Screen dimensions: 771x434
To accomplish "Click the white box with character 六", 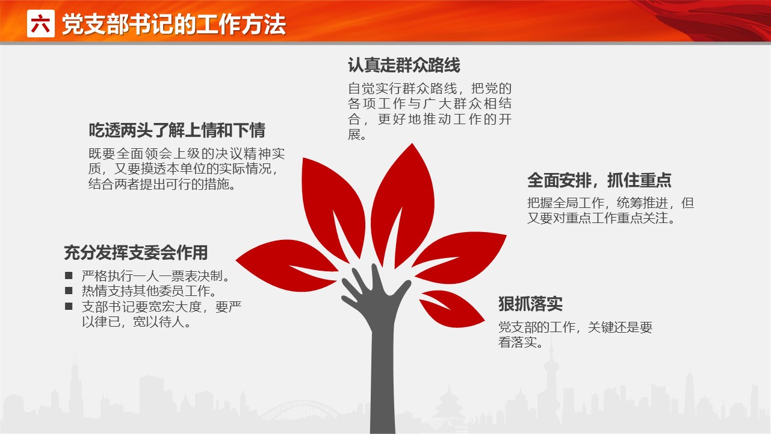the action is pyautogui.click(x=40, y=24).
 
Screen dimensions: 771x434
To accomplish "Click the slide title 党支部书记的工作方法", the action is pyautogui.click(x=174, y=25).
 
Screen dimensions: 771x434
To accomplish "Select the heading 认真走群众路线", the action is pyautogui.click(x=404, y=65).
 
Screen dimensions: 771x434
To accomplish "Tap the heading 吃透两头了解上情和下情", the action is pyautogui.click(x=177, y=130).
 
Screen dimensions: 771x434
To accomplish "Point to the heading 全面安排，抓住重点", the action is pyautogui.click(x=599, y=180).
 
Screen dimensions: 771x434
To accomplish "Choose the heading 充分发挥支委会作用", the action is pyautogui.click(x=136, y=253).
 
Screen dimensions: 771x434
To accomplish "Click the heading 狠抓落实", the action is pyautogui.click(x=530, y=304).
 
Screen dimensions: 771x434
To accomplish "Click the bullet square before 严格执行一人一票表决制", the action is pyautogui.click(x=69, y=275).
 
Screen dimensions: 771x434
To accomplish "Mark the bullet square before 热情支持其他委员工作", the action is pyautogui.click(x=69, y=291).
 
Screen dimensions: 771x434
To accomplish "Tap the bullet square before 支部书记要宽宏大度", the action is pyautogui.click(x=69, y=306).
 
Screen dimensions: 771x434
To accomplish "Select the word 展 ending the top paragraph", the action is pyautogui.click(x=354, y=134).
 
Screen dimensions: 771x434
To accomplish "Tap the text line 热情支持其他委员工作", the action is pyautogui.click(x=149, y=291).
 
